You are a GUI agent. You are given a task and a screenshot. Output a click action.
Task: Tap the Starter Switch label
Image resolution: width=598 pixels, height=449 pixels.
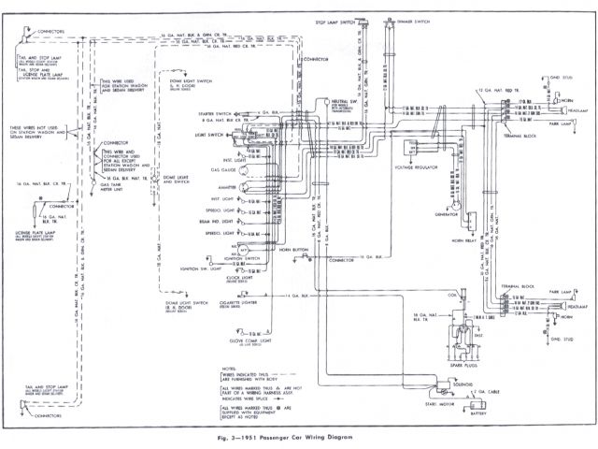tap(216, 114)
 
